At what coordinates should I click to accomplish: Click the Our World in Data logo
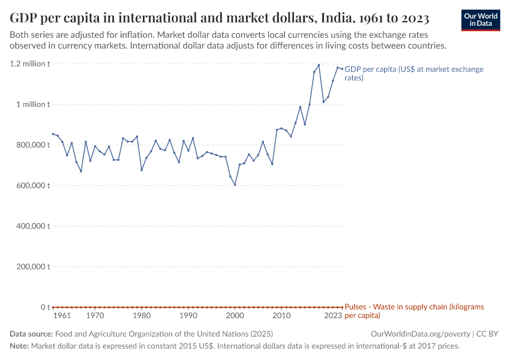point(481,20)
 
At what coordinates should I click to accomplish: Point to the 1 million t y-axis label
point(33,104)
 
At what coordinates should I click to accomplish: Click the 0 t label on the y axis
point(45,307)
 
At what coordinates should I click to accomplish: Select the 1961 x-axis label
point(62,316)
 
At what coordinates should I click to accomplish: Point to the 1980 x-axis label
point(142,316)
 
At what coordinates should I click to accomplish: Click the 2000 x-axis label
point(235,316)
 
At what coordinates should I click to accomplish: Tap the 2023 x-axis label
point(333,316)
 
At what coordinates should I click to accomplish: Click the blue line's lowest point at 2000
point(235,185)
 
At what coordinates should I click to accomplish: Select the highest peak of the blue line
point(319,65)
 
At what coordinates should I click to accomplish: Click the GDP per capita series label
point(414,73)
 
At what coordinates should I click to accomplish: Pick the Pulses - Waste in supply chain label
point(414,311)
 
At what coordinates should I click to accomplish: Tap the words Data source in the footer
point(31,334)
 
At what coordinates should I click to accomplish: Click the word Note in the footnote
point(19,346)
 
